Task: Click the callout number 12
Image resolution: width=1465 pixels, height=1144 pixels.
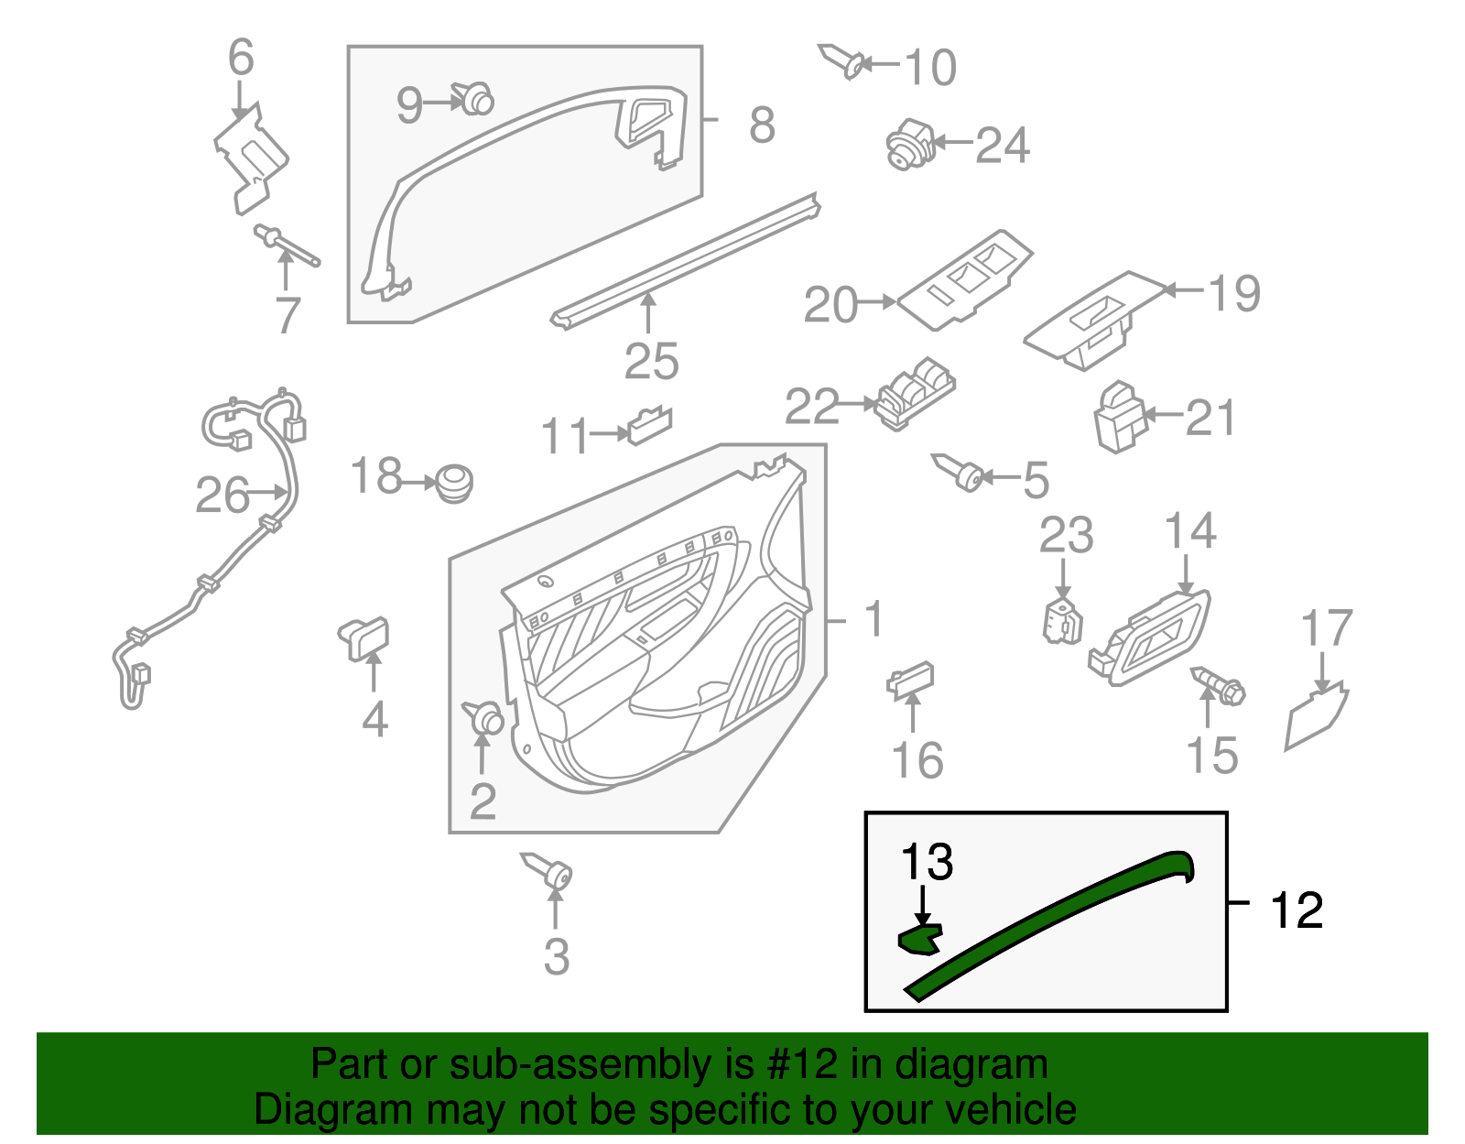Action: click(1297, 910)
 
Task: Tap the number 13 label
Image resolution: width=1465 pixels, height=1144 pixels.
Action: click(927, 862)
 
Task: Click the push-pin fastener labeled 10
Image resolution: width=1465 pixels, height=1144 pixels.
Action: click(842, 60)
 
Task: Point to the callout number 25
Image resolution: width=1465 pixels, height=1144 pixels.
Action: click(651, 361)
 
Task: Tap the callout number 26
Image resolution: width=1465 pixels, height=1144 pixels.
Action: click(222, 496)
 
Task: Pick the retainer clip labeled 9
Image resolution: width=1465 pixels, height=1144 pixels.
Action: click(474, 98)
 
